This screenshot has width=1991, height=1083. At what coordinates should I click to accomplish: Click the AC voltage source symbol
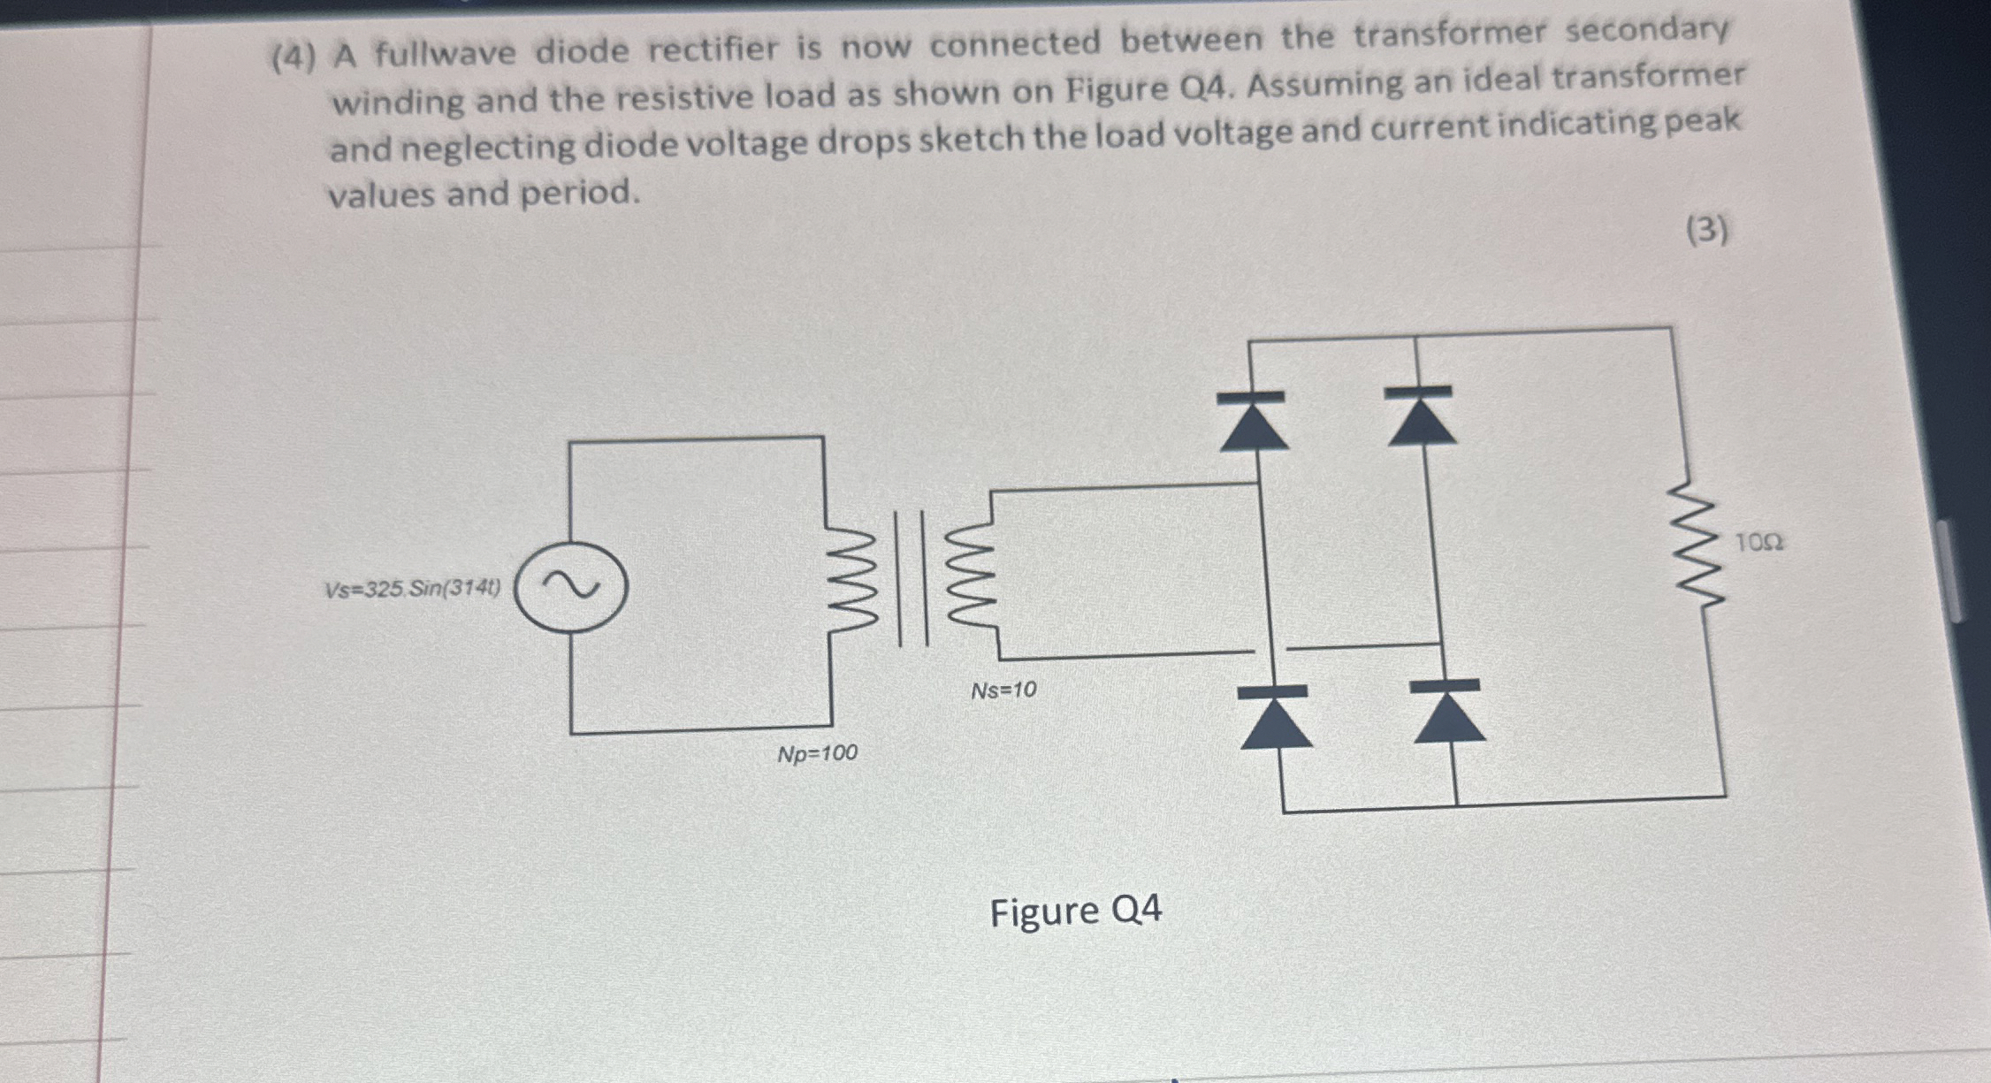[571, 587]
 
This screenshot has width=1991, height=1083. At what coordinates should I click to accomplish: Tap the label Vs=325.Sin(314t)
[412, 589]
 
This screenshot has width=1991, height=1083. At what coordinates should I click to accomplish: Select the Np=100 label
[817, 754]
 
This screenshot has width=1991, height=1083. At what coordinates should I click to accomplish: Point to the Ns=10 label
[1003, 690]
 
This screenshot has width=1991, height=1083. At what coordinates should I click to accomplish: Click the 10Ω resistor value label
[1758, 542]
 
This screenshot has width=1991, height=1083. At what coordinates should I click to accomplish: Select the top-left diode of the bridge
[1252, 421]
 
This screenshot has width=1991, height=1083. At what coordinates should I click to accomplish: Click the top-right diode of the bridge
[1421, 415]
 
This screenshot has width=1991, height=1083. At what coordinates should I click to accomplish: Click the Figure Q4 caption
[1075, 911]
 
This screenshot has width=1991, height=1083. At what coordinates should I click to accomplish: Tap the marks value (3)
[1706, 231]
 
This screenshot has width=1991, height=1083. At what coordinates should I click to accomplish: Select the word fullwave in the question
[445, 53]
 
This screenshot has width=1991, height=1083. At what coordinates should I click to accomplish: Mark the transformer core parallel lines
[913, 577]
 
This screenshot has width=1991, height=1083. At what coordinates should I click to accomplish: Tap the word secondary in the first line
[1646, 31]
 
